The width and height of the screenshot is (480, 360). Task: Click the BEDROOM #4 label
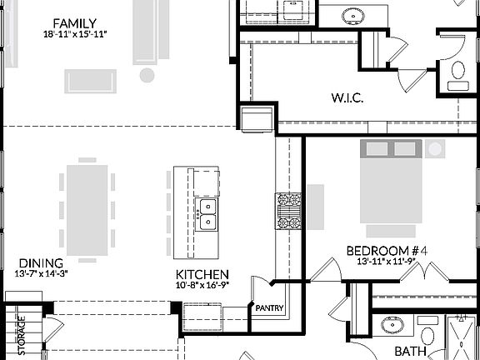(387, 250)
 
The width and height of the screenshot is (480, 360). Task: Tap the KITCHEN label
(202, 273)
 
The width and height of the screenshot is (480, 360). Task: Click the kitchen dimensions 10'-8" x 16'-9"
(202, 284)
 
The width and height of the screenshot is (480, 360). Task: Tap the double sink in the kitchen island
(205, 214)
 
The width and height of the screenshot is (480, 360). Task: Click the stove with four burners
(288, 210)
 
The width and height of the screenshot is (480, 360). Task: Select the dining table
(87, 206)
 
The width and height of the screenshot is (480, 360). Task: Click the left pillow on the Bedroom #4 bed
(377, 149)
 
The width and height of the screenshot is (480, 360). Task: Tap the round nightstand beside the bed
(435, 149)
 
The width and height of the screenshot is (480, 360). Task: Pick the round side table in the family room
(147, 76)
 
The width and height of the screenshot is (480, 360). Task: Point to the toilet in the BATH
(427, 335)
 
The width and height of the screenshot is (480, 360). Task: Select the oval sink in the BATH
(390, 325)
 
